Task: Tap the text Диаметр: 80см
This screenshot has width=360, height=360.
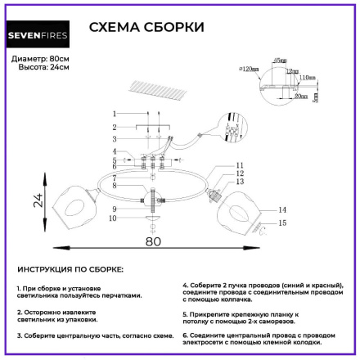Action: click(x=41, y=59)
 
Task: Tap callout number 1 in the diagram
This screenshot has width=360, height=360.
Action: click(x=116, y=112)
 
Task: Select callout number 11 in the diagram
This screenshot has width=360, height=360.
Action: click(x=240, y=165)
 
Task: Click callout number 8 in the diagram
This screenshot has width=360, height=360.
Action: click(x=115, y=187)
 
